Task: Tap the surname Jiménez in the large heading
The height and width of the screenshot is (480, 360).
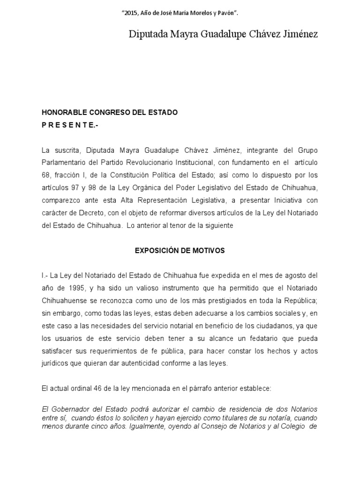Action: click(x=297, y=35)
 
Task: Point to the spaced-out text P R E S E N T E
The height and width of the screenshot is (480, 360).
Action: click(x=70, y=125)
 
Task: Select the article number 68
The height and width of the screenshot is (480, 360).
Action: click(x=46, y=175)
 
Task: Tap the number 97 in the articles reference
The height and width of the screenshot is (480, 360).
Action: click(x=75, y=187)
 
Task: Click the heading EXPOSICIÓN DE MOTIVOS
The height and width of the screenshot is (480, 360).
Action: click(x=180, y=251)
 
